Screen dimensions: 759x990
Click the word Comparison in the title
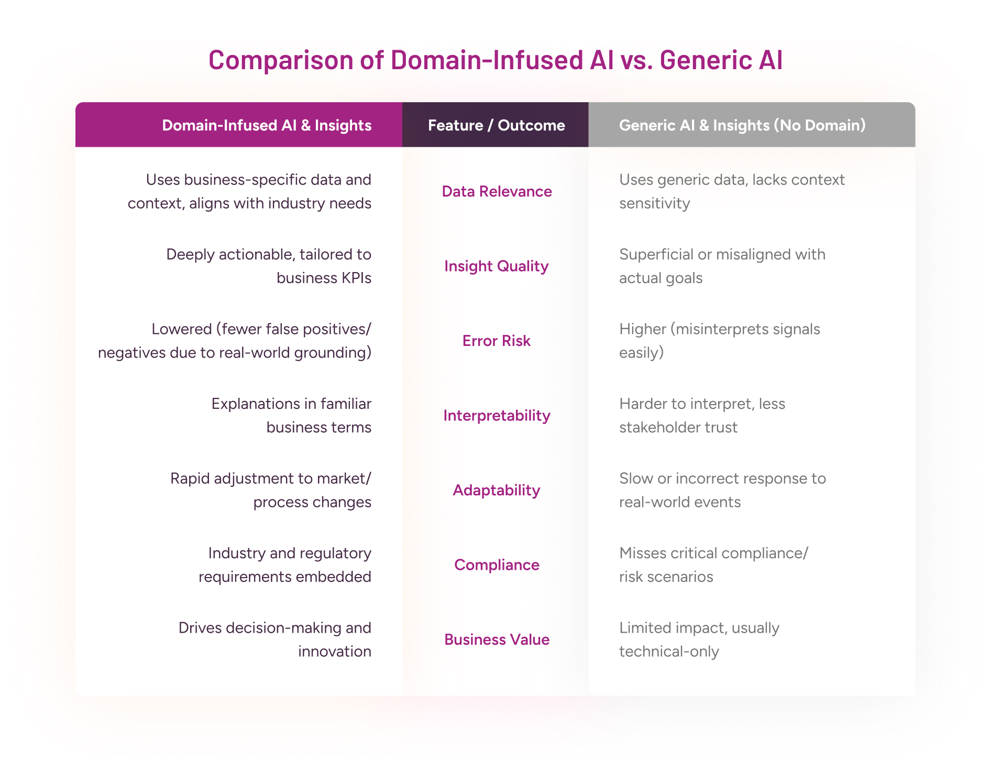[281, 60]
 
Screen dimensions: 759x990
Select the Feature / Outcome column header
[496, 125]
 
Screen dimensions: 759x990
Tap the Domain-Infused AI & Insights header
[267, 125]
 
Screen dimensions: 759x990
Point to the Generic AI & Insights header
[742, 125]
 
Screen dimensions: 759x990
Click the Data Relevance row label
[497, 191]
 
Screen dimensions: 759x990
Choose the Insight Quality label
[496, 266]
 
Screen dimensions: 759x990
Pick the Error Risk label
[496, 341]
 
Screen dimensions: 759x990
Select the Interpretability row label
[497, 416]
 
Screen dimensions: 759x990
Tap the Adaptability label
[496, 490]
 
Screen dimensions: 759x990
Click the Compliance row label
[497, 565]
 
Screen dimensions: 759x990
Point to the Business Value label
[497, 639]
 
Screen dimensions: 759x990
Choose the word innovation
[335, 652]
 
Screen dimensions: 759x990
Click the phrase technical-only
[669, 652]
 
